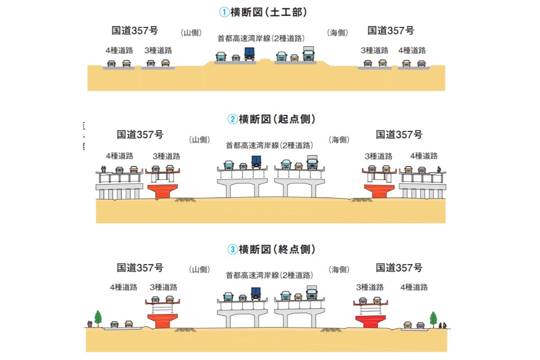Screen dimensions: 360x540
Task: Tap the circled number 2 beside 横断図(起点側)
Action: point(232,120)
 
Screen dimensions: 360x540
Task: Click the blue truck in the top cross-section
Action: point(249,54)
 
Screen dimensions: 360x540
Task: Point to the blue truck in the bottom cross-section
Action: point(256,293)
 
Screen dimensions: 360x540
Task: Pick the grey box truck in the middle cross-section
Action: point(312,162)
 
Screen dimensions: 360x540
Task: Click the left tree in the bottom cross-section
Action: point(97,317)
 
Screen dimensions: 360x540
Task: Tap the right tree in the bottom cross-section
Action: point(433,317)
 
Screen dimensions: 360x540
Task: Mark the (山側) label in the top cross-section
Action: point(191,33)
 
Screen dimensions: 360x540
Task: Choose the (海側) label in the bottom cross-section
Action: point(339,270)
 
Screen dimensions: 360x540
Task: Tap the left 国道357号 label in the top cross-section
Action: point(135,31)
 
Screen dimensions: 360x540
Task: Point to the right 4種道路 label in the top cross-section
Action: point(412,50)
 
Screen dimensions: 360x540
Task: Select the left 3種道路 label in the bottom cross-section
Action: point(163,287)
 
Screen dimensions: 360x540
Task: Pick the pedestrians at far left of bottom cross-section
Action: point(90,323)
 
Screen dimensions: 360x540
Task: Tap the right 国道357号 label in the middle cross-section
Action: point(399,134)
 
